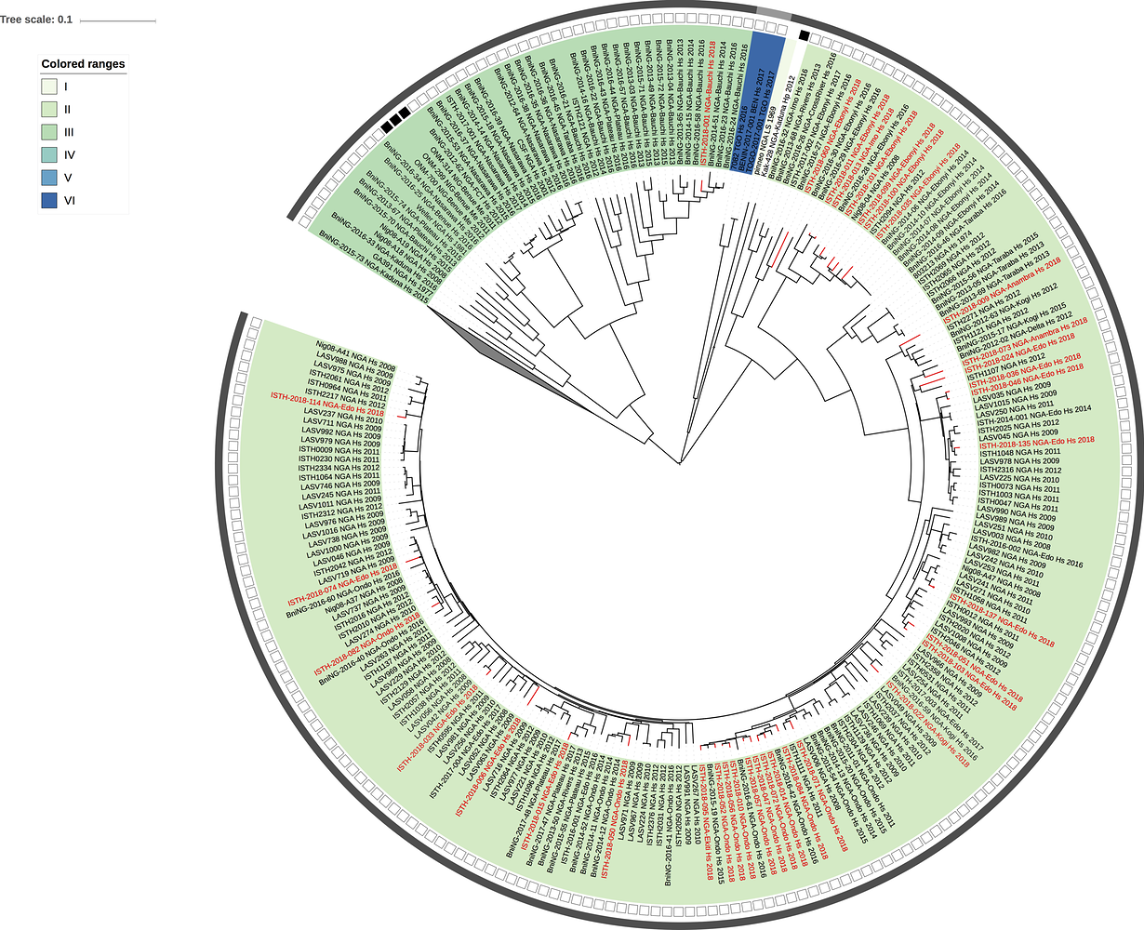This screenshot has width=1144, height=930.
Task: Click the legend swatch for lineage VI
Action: (50, 201)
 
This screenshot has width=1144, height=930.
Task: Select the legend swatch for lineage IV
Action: (50, 155)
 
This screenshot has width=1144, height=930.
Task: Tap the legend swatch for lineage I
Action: (50, 86)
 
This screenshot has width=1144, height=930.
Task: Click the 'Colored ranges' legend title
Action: (83, 64)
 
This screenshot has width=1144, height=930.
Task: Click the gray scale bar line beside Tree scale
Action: (124, 20)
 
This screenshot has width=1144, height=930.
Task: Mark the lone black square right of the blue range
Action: (802, 35)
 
